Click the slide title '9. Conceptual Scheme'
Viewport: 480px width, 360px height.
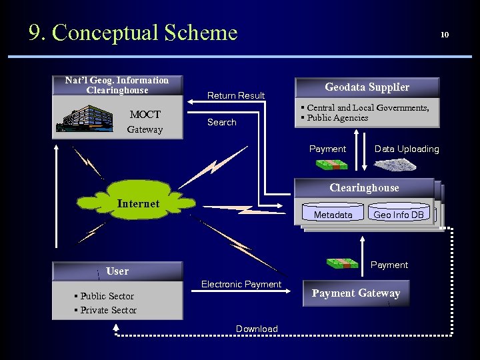133,32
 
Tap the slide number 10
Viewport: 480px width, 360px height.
445,35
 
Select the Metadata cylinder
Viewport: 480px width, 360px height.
333,215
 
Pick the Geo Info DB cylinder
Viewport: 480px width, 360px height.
399,215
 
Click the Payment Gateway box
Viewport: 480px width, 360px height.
356,293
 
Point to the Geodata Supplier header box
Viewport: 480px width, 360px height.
367,87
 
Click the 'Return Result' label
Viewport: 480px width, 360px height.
236,95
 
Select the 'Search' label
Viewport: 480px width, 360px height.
221,122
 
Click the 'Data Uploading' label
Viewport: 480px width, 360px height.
407,149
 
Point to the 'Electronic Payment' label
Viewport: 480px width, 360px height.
241,285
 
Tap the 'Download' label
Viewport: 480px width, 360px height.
257,329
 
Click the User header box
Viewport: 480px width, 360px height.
117,271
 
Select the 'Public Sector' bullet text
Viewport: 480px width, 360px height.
107,296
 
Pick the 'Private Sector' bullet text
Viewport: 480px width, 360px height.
108,310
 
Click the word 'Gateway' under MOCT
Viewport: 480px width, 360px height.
145,129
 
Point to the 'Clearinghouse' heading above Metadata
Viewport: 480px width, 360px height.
364,188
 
